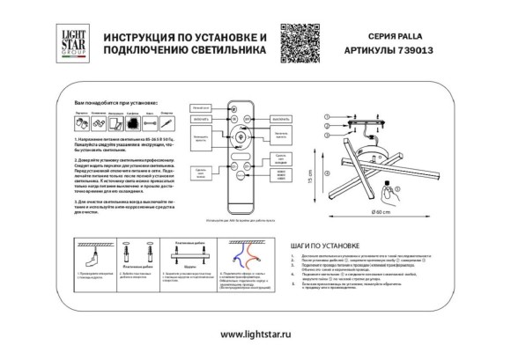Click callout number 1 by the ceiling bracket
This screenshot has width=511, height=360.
point(329,117)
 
